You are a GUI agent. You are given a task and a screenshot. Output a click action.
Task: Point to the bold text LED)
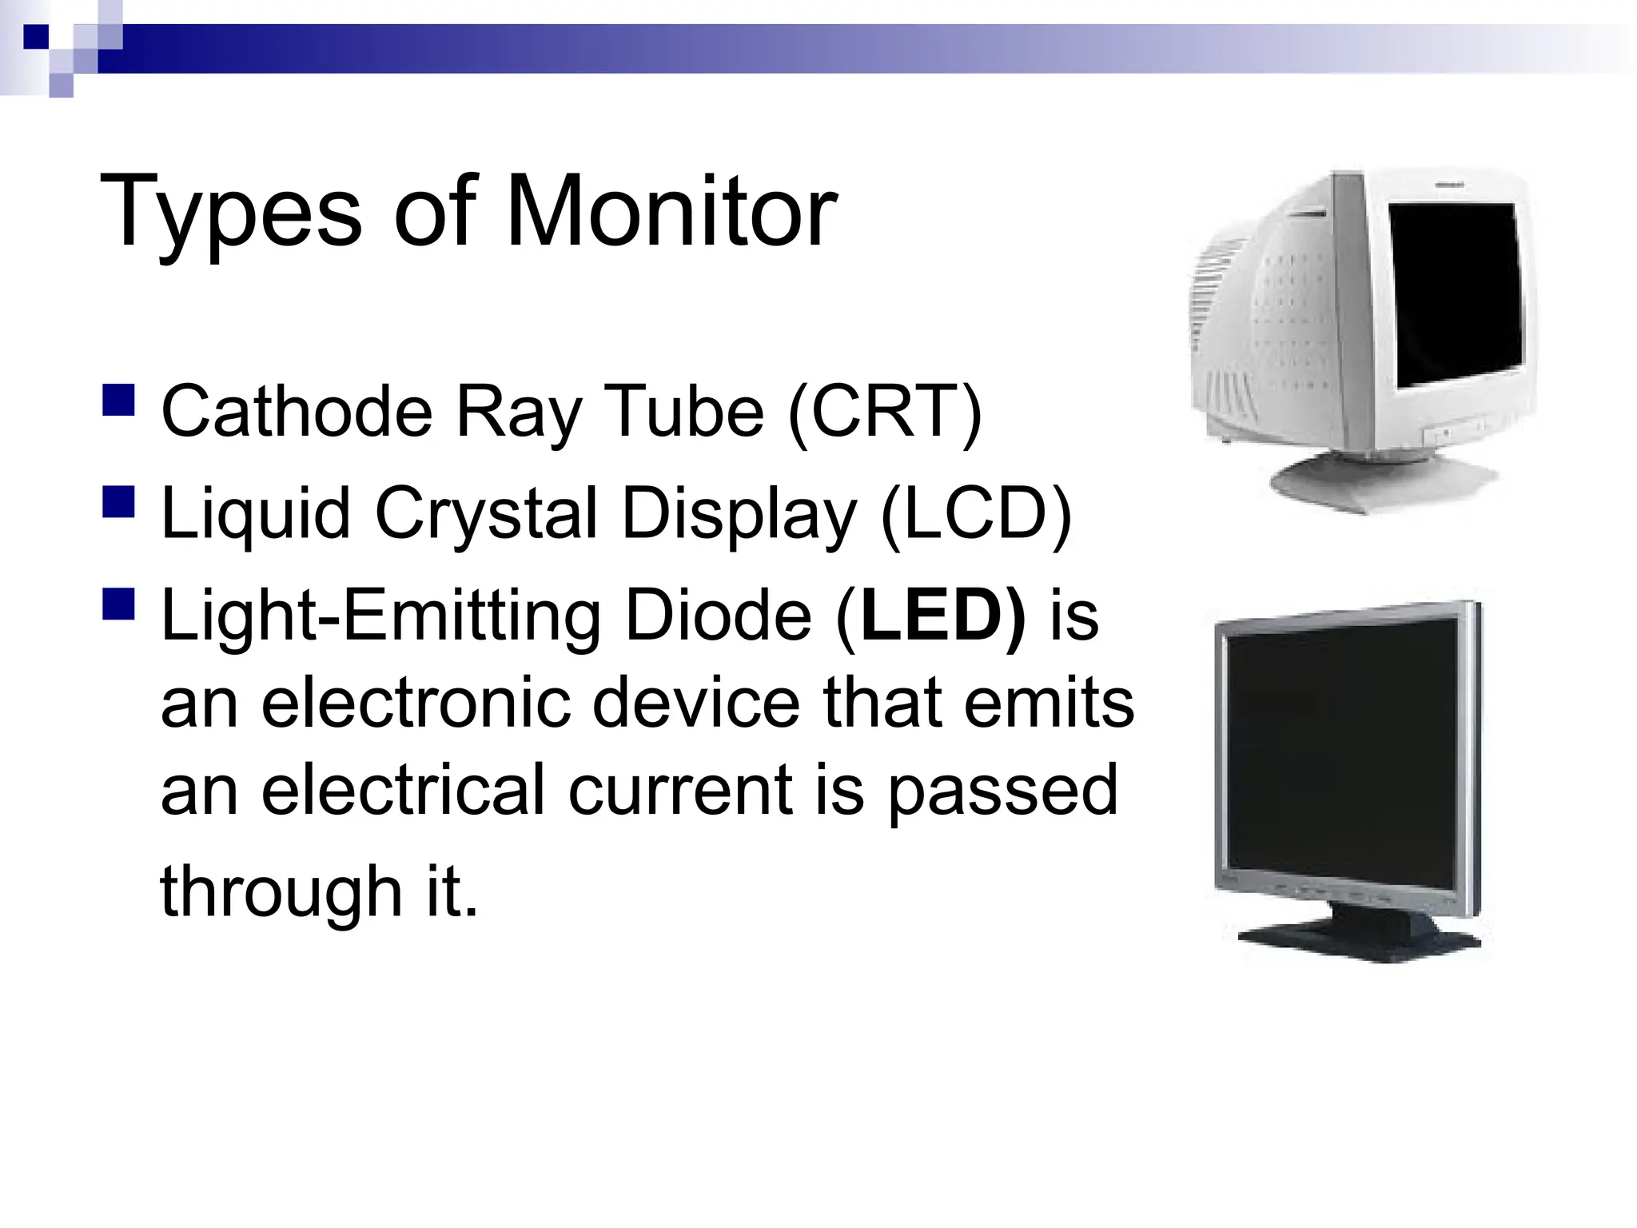pyautogui.click(x=943, y=616)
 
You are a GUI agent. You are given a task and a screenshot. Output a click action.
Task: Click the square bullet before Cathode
pyautogui.click(x=118, y=400)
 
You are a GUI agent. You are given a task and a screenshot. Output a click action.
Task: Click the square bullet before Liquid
pyautogui.click(x=118, y=502)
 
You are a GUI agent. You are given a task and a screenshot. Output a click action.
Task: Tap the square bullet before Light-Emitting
pyautogui.click(x=118, y=604)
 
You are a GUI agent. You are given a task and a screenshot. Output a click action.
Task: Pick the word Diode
pyautogui.click(x=717, y=616)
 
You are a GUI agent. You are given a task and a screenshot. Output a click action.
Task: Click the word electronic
pyautogui.click(x=416, y=704)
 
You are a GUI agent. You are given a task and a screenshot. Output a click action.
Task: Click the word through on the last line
pyautogui.click(x=281, y=892)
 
